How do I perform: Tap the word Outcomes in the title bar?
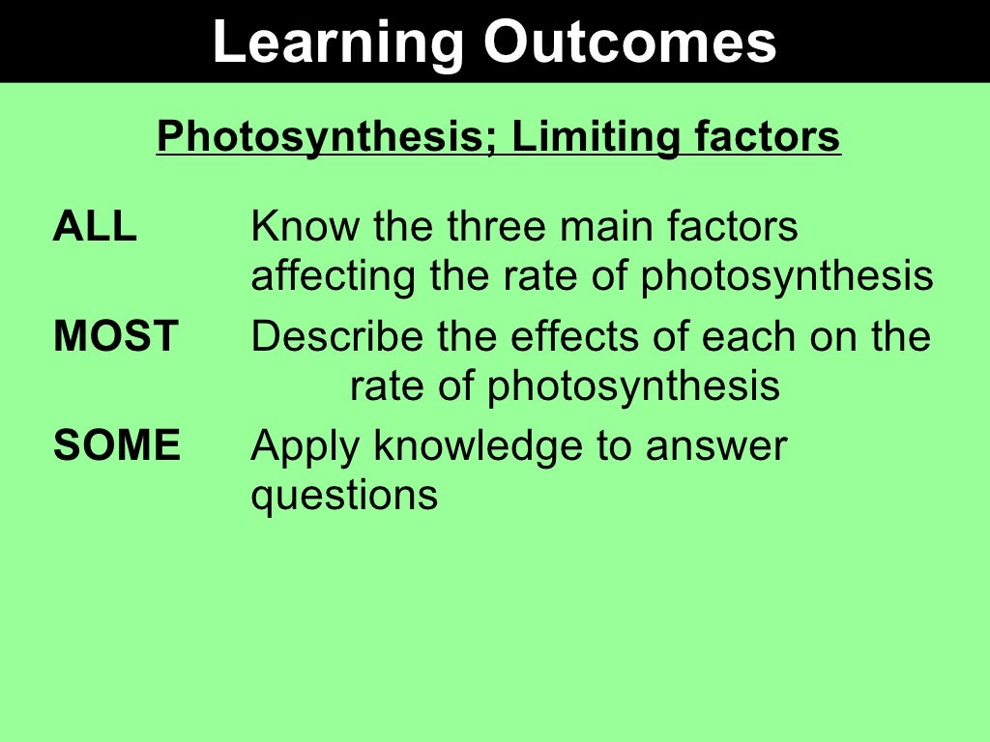click(630, 43)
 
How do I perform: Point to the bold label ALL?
click(95, 227)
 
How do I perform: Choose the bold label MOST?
click(116, 336)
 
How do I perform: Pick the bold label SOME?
click(117, 446)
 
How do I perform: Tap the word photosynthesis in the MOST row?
click(633, 387)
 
